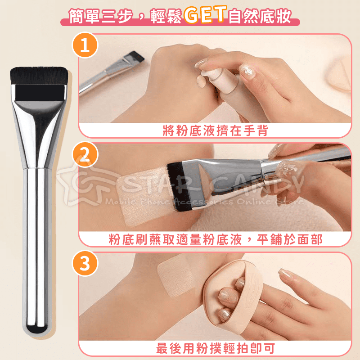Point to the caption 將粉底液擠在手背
pos(215,131)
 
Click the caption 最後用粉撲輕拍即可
pos(215,348)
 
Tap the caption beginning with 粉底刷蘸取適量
pos(215,239)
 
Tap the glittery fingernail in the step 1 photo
pos(247,69)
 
